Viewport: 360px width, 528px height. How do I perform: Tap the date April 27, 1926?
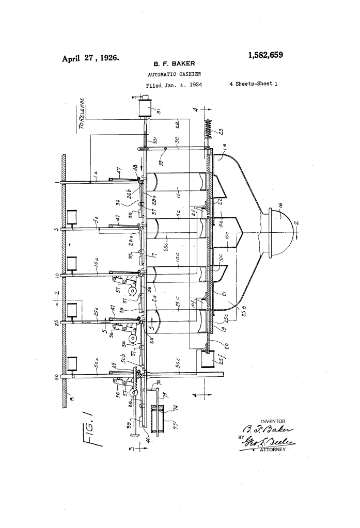[x=91, y=58]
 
